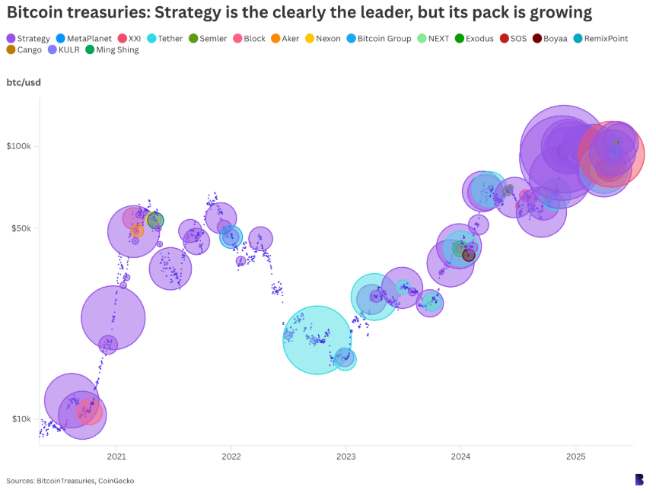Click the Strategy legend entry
click(x=28, y=38)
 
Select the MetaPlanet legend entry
click(x=84, y=38)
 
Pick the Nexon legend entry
click(x=322, y=38)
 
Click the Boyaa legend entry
click(x=549, y=38)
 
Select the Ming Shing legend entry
click(x=111, y=49)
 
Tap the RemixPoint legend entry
click(x=601, y=38)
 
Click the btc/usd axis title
click(x=24, y=82)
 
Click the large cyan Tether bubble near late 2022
click(x=317, y=339)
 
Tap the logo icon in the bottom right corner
click(x=639, y=479)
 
